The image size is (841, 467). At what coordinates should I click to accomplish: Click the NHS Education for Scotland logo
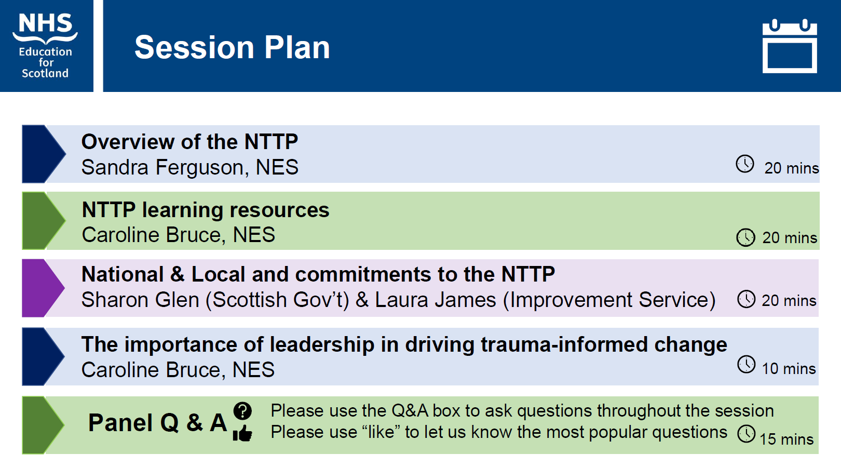45,46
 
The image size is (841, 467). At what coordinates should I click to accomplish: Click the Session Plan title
232,47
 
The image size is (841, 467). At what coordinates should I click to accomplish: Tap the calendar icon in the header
790,46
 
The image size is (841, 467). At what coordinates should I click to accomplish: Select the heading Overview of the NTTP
189,142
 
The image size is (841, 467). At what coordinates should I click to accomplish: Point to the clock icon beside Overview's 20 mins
745,164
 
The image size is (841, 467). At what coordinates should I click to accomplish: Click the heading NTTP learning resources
206,210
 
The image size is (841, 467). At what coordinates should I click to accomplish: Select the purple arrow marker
44,288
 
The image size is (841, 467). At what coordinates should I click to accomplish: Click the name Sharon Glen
140,300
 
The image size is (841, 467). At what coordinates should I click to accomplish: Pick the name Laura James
436,300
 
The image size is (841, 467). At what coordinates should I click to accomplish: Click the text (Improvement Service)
609,300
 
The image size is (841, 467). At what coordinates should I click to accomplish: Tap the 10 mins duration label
789,369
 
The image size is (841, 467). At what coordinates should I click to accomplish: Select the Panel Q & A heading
158,423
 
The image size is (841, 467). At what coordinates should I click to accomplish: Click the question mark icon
242,411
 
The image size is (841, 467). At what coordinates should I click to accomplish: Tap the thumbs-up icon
242,433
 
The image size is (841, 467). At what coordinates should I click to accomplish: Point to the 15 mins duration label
786,439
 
